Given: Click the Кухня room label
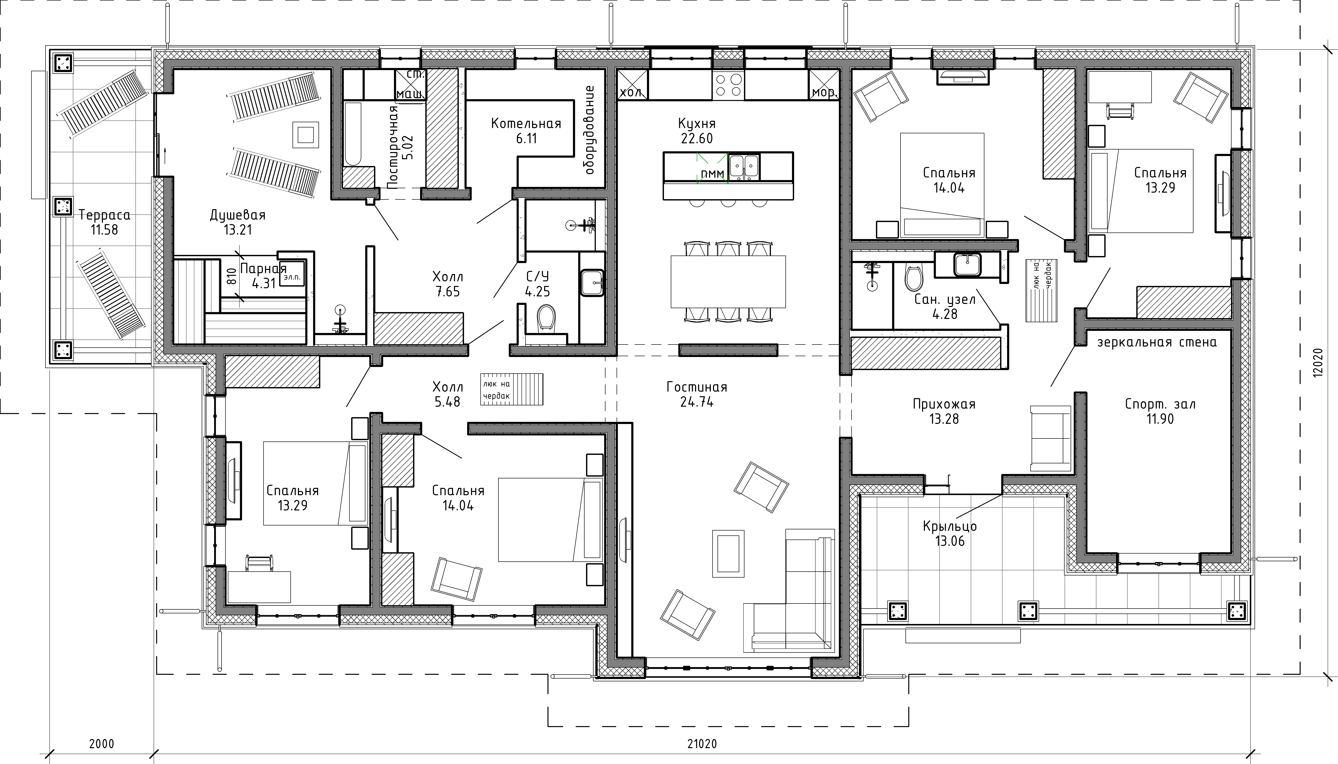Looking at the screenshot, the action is pos(697,124).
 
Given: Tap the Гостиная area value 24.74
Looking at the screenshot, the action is pos(697,402).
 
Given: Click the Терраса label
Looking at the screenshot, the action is pos(104,215).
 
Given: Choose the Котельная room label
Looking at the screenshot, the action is pos(526,124).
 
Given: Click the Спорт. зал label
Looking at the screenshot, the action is pos(1160,404).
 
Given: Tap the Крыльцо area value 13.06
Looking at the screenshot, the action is pos(950,541).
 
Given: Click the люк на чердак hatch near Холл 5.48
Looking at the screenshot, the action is pos(511,389).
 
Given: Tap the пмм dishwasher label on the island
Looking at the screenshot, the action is pos(712,173).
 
